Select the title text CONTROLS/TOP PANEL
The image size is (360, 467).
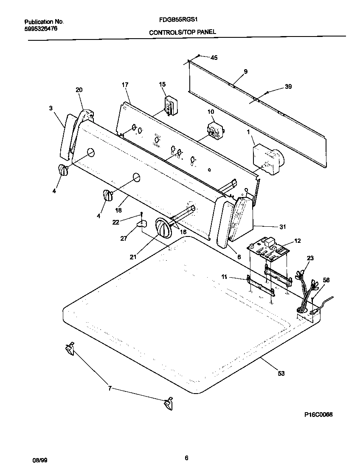pos(182,32)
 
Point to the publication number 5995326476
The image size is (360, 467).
pos(38,28)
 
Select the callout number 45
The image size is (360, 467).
pos(214,58)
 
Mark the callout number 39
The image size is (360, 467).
pos(288,87)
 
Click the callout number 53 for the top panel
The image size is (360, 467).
pos(281,373)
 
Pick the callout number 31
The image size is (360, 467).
pos(283,227)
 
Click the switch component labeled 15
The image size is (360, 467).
pos(171,105)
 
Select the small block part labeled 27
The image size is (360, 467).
pos(142,222)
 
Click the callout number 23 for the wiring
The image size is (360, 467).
pos(310,257)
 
